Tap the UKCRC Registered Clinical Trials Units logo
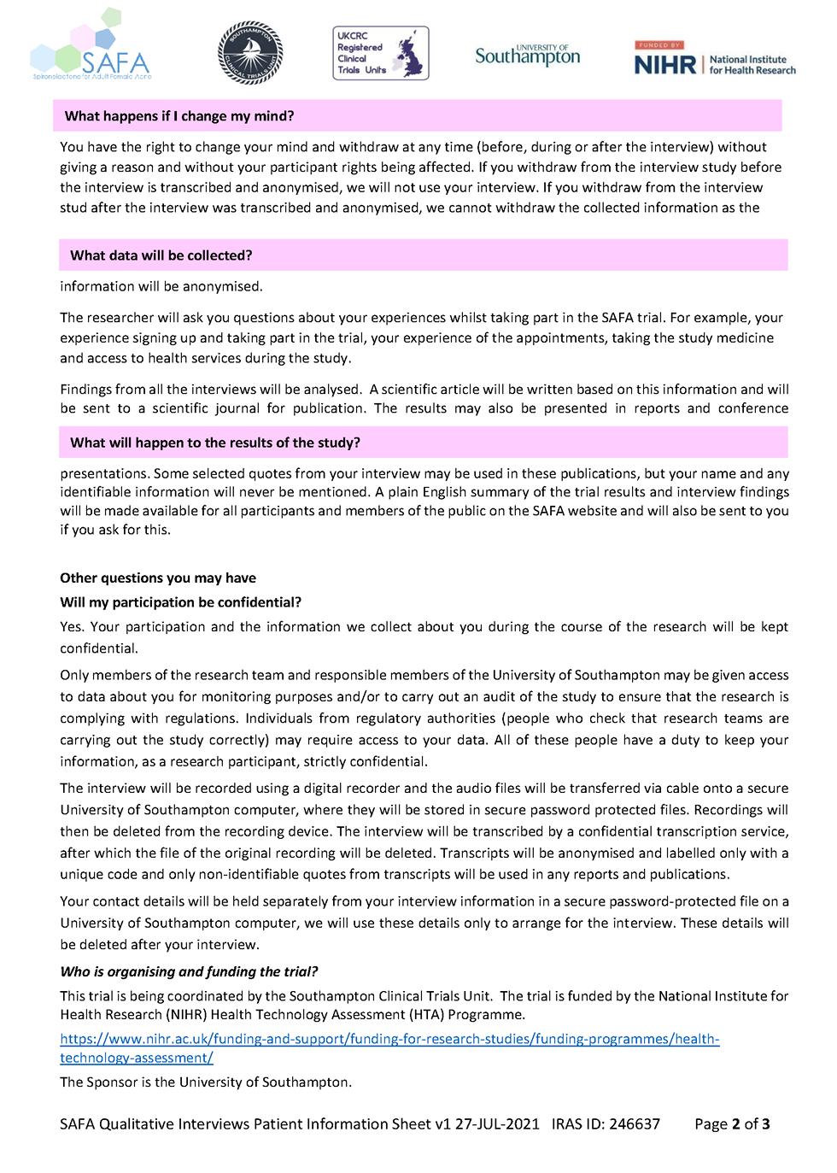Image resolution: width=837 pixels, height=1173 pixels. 380,53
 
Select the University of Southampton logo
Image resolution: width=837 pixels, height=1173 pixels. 527,56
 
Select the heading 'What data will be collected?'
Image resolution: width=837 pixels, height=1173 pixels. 161,255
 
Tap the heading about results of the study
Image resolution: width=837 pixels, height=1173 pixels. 215,443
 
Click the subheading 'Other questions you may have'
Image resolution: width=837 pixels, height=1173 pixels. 158,578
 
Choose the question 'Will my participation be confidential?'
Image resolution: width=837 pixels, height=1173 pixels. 180,602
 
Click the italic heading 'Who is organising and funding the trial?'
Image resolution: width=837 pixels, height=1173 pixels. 189,971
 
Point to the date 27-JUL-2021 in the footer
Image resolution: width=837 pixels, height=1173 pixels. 496,1124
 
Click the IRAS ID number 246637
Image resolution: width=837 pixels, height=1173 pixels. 633,1124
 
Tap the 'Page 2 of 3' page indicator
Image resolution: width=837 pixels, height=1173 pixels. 732,1124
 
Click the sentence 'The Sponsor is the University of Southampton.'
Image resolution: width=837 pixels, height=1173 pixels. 206,1082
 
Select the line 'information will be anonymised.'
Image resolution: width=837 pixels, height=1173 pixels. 161,286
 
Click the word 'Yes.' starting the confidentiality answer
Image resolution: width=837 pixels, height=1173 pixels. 72,627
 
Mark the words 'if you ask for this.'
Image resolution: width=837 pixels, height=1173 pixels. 115,530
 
